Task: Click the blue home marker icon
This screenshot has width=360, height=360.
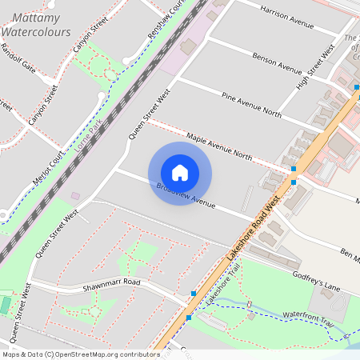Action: pos(180,173)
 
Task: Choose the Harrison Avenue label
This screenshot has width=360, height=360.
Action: pos(286,16)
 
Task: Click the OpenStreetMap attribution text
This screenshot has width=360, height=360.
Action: pos(81,354)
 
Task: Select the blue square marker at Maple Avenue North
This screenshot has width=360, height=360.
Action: pos(294,170)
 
